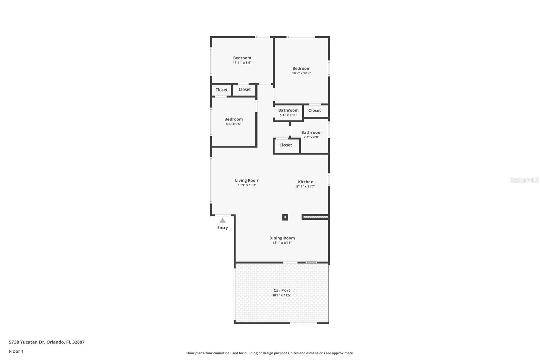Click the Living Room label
pyautogui.click(x=247, y=180)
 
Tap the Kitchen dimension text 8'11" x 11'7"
pyautogui.click(x=305, y=186)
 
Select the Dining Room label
pyautogui.click(x=282, y=238)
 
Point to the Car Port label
pyautogui.click(x=281, y=290)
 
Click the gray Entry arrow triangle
pyautogui.click(x=223, y=221)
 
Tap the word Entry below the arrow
pyautogui.click(x=223, y=228)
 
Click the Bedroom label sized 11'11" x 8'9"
pyautogui.click(x=242, y=58)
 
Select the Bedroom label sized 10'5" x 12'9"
pyautogui.click(x=301, y=68)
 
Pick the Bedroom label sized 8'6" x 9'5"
pyautogui.click(x=234, y=119)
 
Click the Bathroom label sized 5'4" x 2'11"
pyautogui.click(x=288, y=110)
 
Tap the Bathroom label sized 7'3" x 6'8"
pyautogui.click(x=311, y=133)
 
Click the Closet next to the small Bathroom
pyautogui.click(x=315, y=111)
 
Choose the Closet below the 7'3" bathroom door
pyautogui.click(x=286, y=145)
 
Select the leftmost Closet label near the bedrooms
pyautogui.click(x=221, y=90)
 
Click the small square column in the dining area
pyautogui.click(x=285, y=217)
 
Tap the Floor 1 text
pyautogui.click(x=16, y=351)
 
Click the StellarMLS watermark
pyautogui.click(x=524, y=180)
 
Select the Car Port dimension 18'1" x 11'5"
pyautogui.click(x=281, y=295)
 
